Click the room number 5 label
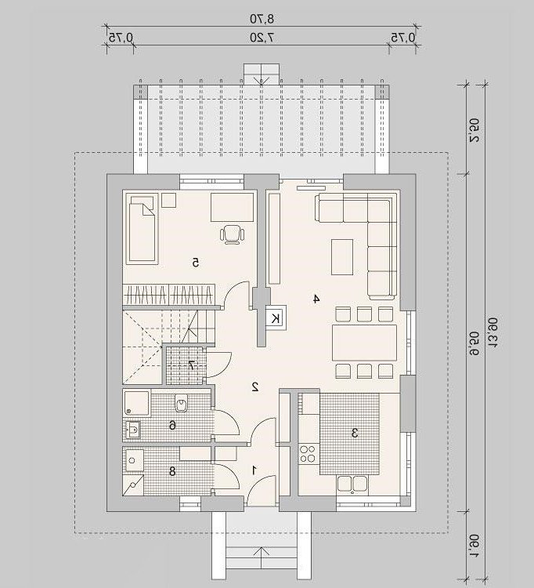pos(195,263)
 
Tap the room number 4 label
pos(316,299)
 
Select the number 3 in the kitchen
pos(355,433)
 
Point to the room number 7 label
pos(191,365)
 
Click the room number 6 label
pos(172,425)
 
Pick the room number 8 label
pos(172,471)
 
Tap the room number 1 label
pos(254,470)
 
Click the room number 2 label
pos(255,387)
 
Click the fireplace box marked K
pos(276,318)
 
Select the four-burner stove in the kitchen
pos(308,454)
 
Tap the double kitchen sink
pos(352,485)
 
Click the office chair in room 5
pos(233,234)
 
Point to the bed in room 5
pos(142,228)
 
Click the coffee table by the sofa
pos(342,257)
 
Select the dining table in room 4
pos(364,343)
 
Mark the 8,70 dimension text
pos(262,18)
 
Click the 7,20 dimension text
pos(262,38)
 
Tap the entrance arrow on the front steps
pos(262,557)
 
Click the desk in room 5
pos(233,208)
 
